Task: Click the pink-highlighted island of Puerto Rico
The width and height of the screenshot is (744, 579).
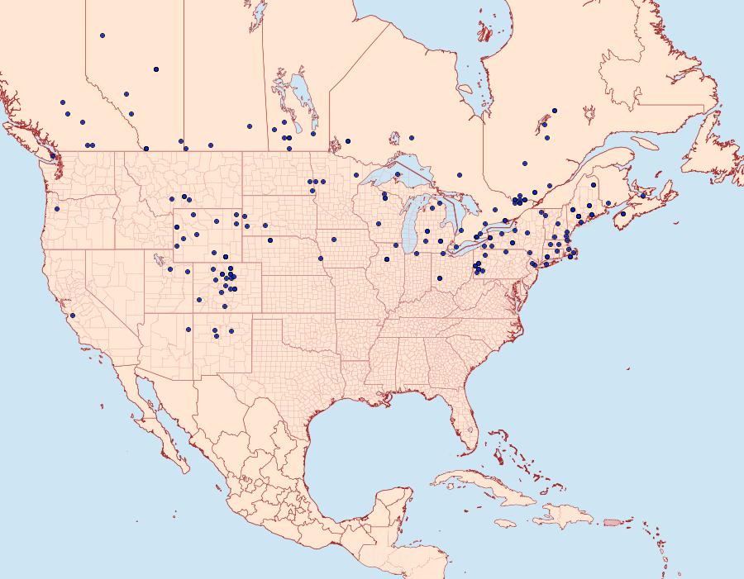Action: point(613,521)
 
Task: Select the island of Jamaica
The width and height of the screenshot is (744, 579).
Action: point(504,524)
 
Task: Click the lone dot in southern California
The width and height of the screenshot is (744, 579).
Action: point(73,315)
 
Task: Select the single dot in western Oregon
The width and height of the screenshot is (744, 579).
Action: point(56,208)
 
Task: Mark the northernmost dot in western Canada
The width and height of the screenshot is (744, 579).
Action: point(103,36)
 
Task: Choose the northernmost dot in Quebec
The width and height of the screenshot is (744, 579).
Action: point(555,111)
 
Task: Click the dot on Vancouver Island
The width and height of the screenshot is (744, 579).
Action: point(52,155)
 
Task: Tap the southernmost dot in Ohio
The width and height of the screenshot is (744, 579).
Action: point(440,278)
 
